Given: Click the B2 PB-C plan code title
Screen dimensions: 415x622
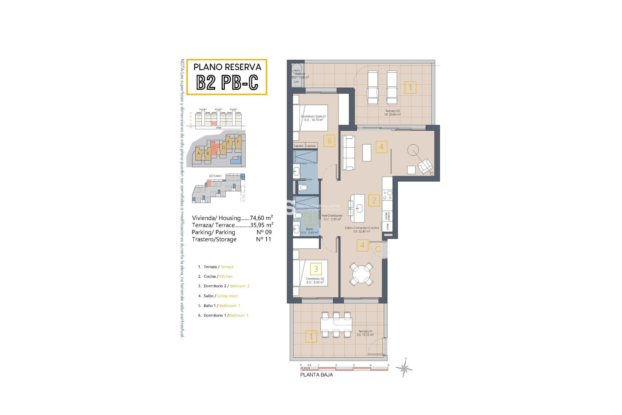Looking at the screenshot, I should pos(227,83).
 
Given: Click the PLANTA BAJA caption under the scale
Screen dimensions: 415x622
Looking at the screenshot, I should pos(317,375).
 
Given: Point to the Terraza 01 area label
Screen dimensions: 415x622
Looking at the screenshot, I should pos(365,333).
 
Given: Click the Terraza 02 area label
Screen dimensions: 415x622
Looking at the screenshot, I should pos(392,113).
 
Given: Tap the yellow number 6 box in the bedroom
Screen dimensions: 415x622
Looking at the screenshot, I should pos(329,141).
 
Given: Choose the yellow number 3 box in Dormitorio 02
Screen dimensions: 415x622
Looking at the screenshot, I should pos(316,269).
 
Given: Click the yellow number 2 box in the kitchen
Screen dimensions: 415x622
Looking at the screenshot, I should pos(374,200).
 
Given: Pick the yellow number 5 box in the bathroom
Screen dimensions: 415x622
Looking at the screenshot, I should pos(310,219).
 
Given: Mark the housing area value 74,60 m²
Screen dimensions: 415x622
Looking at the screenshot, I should pos(261,218).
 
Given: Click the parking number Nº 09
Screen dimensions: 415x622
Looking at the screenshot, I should pos(264,232).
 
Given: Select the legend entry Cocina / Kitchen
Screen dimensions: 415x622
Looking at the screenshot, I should pos(218,277).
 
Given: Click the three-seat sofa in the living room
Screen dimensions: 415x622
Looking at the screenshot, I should pos(349,152).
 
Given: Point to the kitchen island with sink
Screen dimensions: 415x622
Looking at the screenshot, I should pos(358,208).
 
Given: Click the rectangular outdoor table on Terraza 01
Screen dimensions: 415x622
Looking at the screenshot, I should pos(336,324).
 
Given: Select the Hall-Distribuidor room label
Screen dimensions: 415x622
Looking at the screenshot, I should pos(332,217).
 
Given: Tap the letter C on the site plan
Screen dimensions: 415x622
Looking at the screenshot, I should pos(214,148).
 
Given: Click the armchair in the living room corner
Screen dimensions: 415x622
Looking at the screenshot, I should pos(425,167).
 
